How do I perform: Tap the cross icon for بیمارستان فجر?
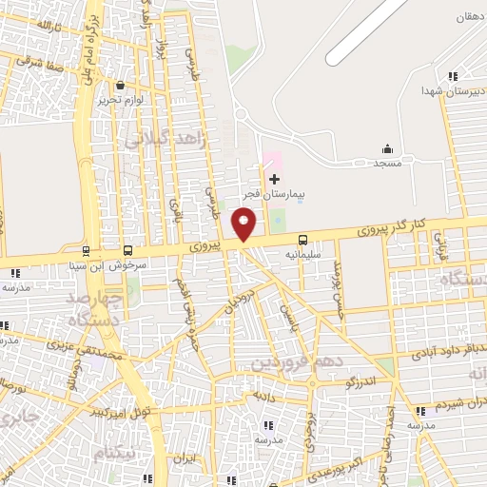coord(275,179)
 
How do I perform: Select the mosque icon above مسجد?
coord(387,149)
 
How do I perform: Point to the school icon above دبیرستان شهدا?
coord(454,76)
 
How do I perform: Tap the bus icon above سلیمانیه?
coord(303,240)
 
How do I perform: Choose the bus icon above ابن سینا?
coord(87,251)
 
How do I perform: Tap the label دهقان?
coord(467,17)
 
